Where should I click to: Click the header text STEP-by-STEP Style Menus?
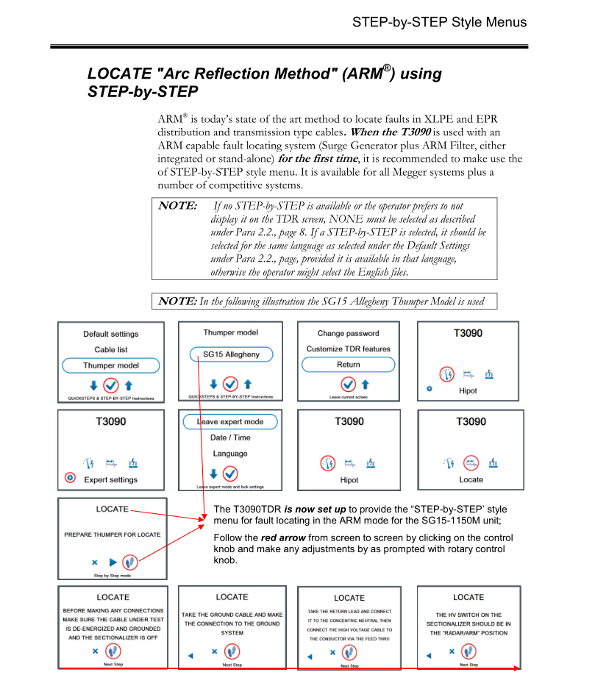439,21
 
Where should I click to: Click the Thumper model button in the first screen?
110,365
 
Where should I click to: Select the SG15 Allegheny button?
230,354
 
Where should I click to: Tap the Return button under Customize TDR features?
348,364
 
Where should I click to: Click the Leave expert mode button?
230,422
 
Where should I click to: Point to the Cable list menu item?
110,350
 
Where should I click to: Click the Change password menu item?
348,334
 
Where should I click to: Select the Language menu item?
230,454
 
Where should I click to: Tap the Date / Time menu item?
230,438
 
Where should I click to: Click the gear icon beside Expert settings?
71,478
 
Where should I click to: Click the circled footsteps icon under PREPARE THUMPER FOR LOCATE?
131,562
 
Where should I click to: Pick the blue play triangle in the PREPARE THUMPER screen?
113,562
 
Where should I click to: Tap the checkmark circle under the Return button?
348,384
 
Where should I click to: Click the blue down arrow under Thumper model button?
93,385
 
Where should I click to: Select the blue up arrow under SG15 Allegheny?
248,384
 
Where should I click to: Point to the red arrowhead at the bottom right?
518,668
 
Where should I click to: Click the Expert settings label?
110,479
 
